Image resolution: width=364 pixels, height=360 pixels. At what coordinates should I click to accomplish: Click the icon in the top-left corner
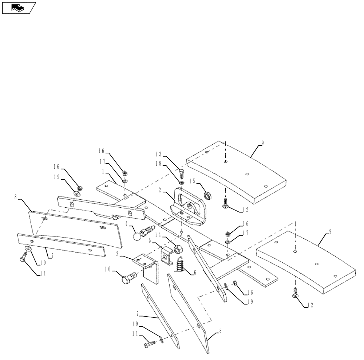point(19,7)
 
